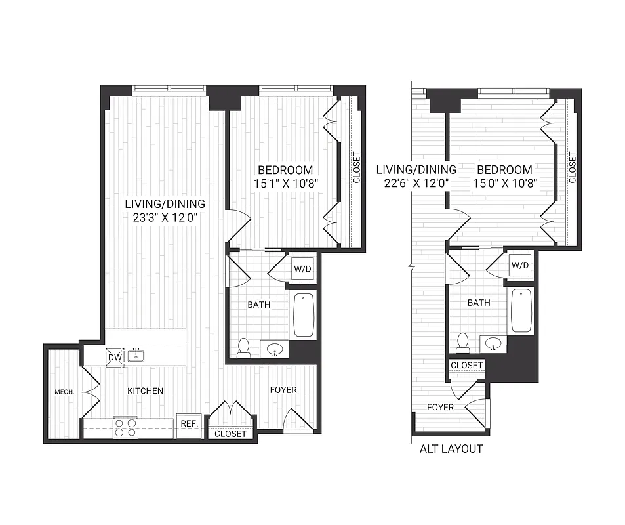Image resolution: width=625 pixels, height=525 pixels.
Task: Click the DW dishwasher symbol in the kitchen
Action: point(115,358)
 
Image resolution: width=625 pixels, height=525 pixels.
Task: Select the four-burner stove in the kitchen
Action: point(125,427)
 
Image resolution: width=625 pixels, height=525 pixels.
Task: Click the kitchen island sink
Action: point(136,356)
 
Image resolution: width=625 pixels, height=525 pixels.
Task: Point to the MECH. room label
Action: point(65,392)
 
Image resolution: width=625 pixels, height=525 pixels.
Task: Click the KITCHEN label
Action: point(145,390)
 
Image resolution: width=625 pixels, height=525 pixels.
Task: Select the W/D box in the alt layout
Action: point(520,266)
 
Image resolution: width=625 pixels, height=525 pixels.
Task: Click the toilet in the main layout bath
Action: point(244,347)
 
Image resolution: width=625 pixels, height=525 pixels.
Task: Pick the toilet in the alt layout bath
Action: point(463,343)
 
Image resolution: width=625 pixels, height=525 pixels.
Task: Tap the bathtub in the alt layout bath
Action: point(521,310)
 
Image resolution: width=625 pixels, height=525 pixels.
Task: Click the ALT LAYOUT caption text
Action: point(451,449)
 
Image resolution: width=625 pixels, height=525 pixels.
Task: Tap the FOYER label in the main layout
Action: point(283,390)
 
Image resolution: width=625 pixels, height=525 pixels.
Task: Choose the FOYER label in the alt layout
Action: point(440,407)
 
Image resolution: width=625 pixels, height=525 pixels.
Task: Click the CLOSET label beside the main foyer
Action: point(231,434)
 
